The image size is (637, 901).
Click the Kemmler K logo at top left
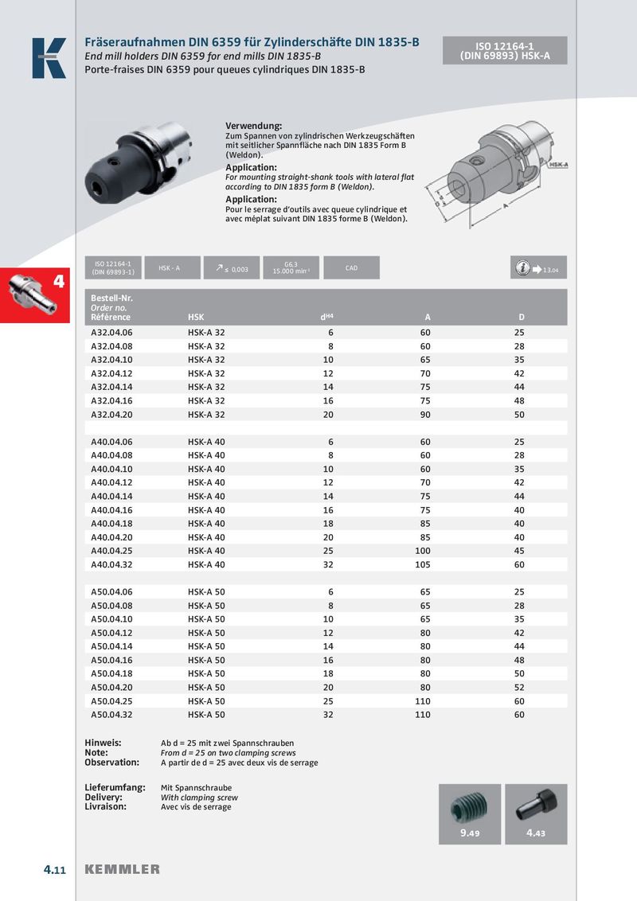tap(49, 58)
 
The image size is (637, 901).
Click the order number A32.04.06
tap(111, 332)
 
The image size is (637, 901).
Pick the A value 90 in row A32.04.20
tap(425, 414)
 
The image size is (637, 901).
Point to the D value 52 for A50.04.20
tap(519, 688)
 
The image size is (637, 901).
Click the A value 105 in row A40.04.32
tap(423, 564)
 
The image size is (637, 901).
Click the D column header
tap(521, 318)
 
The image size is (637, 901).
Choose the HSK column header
tap(196, 318)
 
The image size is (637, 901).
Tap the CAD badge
tap(351, 268)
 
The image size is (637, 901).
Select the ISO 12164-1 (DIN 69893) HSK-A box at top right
tap(505, 51)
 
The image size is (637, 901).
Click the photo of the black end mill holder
tap(137, 156)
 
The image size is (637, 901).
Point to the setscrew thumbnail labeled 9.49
tap(470, 813)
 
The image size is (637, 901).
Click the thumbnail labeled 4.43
tap(536, 813)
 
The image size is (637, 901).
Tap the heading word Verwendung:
tap(254, 127)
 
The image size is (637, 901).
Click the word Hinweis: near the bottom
tap(103, 743)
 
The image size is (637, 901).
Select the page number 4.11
tap(54, 869)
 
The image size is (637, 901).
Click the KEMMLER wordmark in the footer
tap(123, 869)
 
